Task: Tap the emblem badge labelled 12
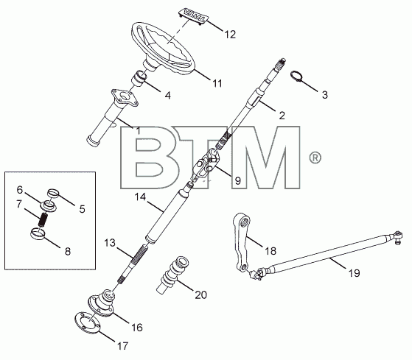tap(193, 15)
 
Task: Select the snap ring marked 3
tap(296, 76)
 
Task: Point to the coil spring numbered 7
tap(43, 219)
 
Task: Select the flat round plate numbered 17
tap(87, 322)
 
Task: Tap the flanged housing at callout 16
tap(104, 303)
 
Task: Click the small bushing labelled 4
tap(139, 78)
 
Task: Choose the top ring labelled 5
tap(53, 194)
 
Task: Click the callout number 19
tap(355, 273)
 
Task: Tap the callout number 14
tap(140, 197)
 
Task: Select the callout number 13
tap(110, 243)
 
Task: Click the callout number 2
tap(282, 115)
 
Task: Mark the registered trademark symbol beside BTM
tap(315, 158)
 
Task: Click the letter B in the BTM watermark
tap(148, 158)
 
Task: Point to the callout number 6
tap(20, 190)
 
